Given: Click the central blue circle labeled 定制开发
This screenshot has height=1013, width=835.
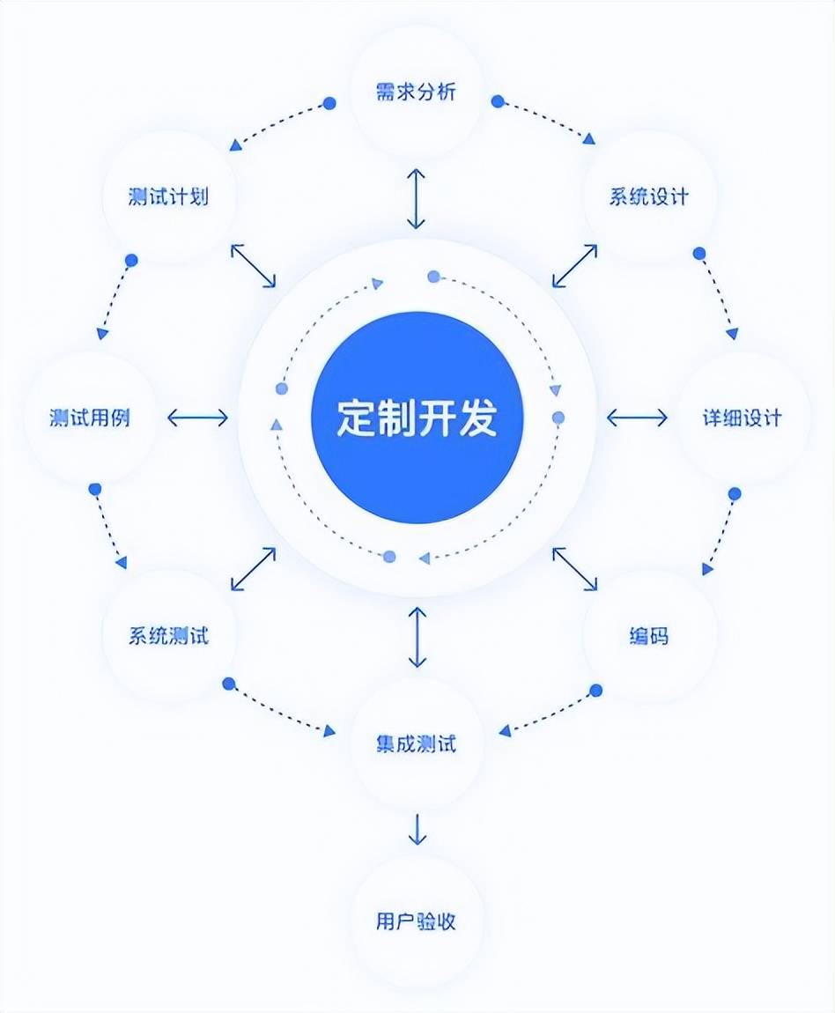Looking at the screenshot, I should [417, 418].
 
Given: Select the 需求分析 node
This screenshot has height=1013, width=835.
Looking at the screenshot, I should [417, 91].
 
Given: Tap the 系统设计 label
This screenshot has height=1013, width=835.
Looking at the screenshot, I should [649, 196].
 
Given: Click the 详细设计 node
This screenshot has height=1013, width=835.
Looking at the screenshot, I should [742, 418].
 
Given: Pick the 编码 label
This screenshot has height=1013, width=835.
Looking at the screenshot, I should [649, 635].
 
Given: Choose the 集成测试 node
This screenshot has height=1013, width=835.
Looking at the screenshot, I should [417, 744].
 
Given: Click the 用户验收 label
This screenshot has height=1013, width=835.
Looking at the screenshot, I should [417, 922].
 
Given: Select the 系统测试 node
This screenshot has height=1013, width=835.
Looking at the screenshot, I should [169, 635].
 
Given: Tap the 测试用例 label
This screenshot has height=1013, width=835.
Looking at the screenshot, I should [91, 418].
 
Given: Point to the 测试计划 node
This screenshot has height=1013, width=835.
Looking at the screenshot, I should [169, 196].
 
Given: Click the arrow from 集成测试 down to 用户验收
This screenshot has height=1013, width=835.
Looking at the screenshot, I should [417, 829].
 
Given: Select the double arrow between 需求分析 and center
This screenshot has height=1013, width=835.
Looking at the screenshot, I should [417, 198].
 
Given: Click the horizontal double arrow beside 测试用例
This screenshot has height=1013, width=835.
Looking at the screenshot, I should [197, 418].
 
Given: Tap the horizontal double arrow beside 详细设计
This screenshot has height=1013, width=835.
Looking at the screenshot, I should [637, 418].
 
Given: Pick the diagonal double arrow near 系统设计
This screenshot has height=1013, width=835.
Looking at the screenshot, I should [575, 265].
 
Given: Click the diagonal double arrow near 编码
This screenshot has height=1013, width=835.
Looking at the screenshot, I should [575, 568].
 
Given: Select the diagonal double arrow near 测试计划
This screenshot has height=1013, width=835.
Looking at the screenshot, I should [253, 265].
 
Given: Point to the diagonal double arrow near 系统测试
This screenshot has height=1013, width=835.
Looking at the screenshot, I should [253, 568].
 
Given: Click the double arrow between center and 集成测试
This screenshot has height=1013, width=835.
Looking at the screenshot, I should [417, 636].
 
